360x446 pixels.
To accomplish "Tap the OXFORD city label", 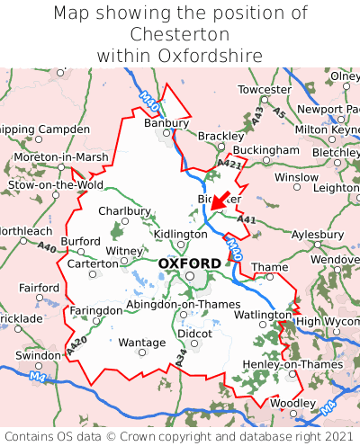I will [189, 263].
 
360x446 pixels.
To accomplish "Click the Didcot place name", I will [195, 333].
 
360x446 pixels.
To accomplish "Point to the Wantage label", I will [142, 343].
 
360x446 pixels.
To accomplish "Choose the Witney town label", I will [124, 251].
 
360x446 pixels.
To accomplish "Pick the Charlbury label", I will [124, 211].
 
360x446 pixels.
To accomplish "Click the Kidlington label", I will [181, 234].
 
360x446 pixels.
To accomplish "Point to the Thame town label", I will [269, 267].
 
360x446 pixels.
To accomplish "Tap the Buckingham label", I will [265, 149].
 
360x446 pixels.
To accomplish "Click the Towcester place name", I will [265, 90].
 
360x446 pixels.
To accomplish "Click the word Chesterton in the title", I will [180, 34].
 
